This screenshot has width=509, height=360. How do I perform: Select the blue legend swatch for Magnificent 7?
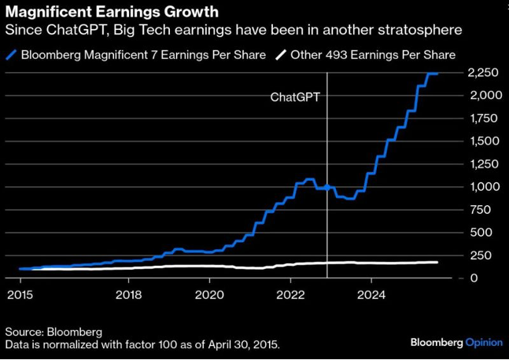pyautogui.click(x=13, y=54)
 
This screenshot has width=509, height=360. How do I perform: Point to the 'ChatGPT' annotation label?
pyautogui.click(x=296, y=97)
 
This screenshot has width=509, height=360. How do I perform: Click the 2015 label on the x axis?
pyautogui.click(x=19, y=295)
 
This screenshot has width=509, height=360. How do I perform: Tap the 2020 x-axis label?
pyautogui.click(x=210, y=295)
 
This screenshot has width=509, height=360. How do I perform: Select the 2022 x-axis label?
pyautogui.click(x=291, y=295)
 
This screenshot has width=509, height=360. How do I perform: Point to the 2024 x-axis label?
pyautogui.click(x=371, y=295)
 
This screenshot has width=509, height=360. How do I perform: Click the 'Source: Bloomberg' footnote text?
pyautogui.click(x=53, y=332)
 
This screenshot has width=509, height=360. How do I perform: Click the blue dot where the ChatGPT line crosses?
pyautogui.click(x=327, y=188)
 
